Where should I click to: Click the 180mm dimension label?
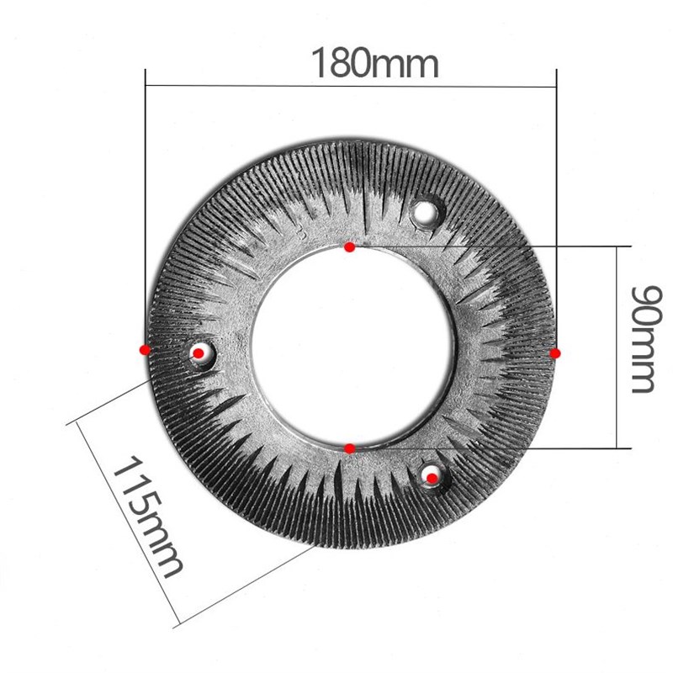[x=375, y=63]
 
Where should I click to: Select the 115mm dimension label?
[x=148, y=515]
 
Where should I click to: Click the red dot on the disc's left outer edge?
[x=145, y=349]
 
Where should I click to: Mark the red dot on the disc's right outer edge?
[x=555, y=354]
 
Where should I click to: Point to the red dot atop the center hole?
[x=350, y=247]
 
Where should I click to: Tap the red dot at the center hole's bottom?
[x=351, y=448]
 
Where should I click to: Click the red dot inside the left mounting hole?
[x=199, y=353]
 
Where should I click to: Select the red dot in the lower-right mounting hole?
[x=432, y=478]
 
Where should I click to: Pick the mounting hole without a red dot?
[x=427, y=210]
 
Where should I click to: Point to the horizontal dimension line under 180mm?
[x=252, y=84]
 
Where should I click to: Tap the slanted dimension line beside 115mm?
[x=126, y=522]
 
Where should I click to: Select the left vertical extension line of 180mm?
[x=146, y=210]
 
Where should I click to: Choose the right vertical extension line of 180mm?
[x=556, y=210]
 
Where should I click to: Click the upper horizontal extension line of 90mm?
[x=505, y=246]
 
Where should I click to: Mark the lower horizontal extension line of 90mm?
[x=505, y=448]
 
